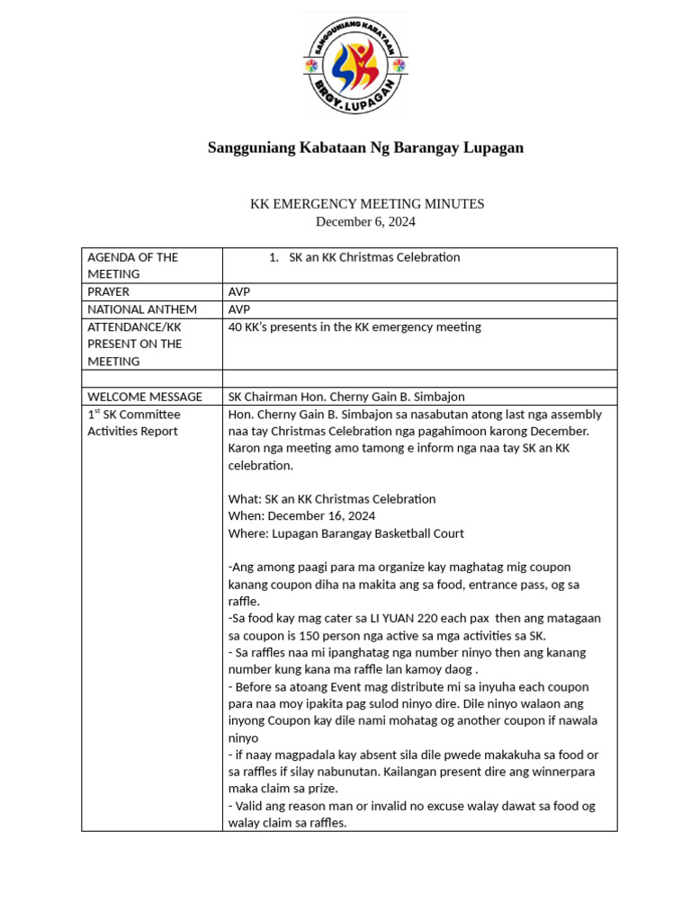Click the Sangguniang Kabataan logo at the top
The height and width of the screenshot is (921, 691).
[354, 66]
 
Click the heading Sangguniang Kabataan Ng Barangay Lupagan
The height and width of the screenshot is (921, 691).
[365, 148]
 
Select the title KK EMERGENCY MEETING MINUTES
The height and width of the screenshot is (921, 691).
[366, 204]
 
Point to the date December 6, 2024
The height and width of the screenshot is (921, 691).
[365, 221]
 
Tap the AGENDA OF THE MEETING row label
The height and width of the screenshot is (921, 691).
[132, 265]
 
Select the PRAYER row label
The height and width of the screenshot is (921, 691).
[108, 291]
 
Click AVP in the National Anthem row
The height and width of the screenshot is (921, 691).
[239, 309]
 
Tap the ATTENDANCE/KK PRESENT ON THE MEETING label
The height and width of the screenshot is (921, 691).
[134, 344]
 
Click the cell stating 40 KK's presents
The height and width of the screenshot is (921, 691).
[354, 326]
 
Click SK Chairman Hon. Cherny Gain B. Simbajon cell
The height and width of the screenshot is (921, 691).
[346, 397]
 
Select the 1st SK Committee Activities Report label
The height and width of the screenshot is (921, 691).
[133, 423]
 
